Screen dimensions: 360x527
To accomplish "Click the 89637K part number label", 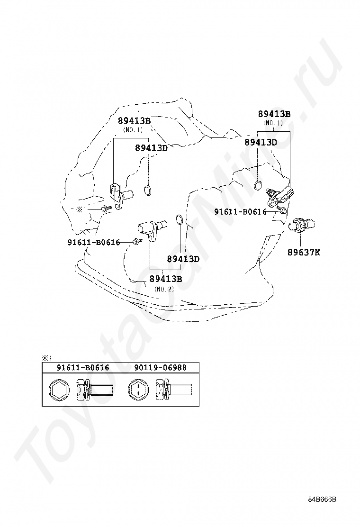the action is (x=304, y=253).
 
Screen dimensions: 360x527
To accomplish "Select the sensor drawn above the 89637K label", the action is (x=301, y=224).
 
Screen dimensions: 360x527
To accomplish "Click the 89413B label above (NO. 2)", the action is (x=166, y=279).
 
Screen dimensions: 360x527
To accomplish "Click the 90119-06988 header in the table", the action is (x=160, y=367).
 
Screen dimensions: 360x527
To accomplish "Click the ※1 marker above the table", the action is (x=46, y=358).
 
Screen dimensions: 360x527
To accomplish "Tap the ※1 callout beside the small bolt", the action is (x=81, y=209).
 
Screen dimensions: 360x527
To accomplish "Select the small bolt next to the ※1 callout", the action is (x=105, y=208).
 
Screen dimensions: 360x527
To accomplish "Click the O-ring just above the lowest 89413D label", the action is (x=180, y=219).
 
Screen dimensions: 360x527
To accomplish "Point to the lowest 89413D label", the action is (x=183, y=259).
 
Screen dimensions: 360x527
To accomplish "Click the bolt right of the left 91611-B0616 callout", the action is (x=136, y=242).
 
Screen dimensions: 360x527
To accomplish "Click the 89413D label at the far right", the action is (x=261, y=142).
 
